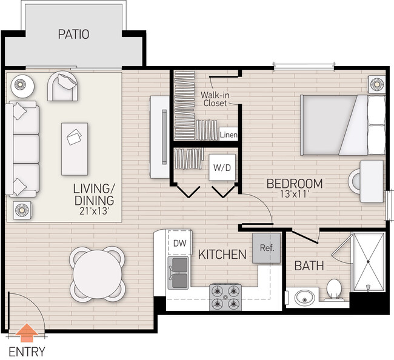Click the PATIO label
73,34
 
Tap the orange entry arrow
25,333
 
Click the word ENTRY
26,352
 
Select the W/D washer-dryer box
220,167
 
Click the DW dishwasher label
179,243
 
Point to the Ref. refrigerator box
265,248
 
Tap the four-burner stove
226,297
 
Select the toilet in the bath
332,290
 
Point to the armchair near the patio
64,87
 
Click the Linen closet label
229,135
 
